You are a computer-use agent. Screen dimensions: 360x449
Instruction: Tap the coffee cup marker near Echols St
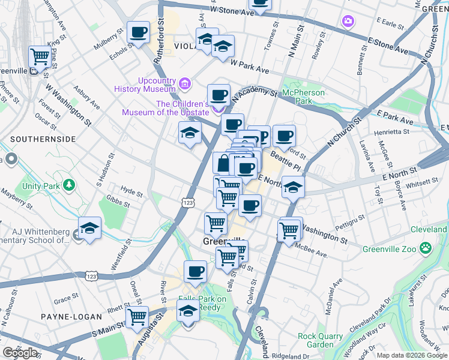pyautogui.click(x=138, y=32)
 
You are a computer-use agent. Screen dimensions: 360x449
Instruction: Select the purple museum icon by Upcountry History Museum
pyautogui.click(x=185, y=83)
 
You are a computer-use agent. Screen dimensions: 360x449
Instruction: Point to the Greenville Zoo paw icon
pyautogui.click(x=425, y=247)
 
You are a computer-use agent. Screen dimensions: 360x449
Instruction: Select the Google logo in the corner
pyautogui.click(x=20, y=353)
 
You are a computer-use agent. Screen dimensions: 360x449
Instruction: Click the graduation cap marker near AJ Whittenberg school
pyautogui.click(x=89, y=229)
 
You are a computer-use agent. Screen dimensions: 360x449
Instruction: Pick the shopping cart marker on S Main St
pyautogui.click(x=137, y=317)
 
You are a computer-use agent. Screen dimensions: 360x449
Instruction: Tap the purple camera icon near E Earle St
pyautogui.click(x=348, y=22)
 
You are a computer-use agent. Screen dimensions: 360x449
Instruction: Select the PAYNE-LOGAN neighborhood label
pyautogui.click(x=65, y=316)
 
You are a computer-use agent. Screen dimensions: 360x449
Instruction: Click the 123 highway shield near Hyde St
pyautogui.click(x=188, y=203)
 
